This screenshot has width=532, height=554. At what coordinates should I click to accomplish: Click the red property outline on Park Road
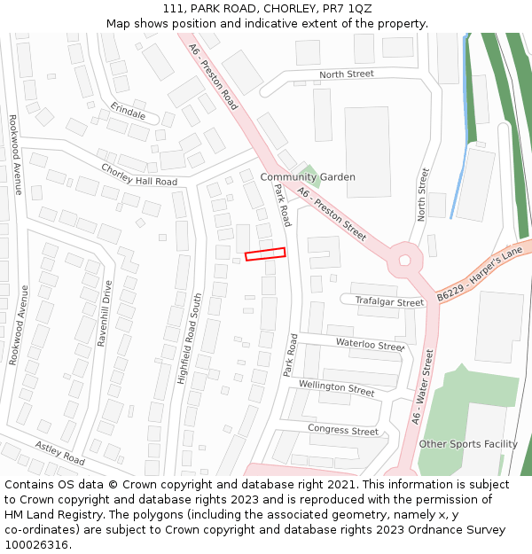coord(265,254)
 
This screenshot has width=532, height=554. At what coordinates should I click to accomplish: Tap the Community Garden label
coord(308,177)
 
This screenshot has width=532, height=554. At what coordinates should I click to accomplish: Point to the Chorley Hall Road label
coord(139,175)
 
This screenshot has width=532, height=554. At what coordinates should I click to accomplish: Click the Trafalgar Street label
coord(389,302)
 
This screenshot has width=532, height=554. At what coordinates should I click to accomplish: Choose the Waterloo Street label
coord(369,344)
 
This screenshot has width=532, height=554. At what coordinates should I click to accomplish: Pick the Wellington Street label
coord(336,387)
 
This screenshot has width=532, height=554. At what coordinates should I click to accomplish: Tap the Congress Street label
coord(342,430)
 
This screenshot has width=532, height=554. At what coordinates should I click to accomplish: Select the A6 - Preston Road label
coord(214,77)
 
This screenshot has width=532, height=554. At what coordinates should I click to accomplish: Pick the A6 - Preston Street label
coord(332,214)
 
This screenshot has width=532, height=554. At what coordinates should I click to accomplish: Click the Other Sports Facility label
coord(468,444)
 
